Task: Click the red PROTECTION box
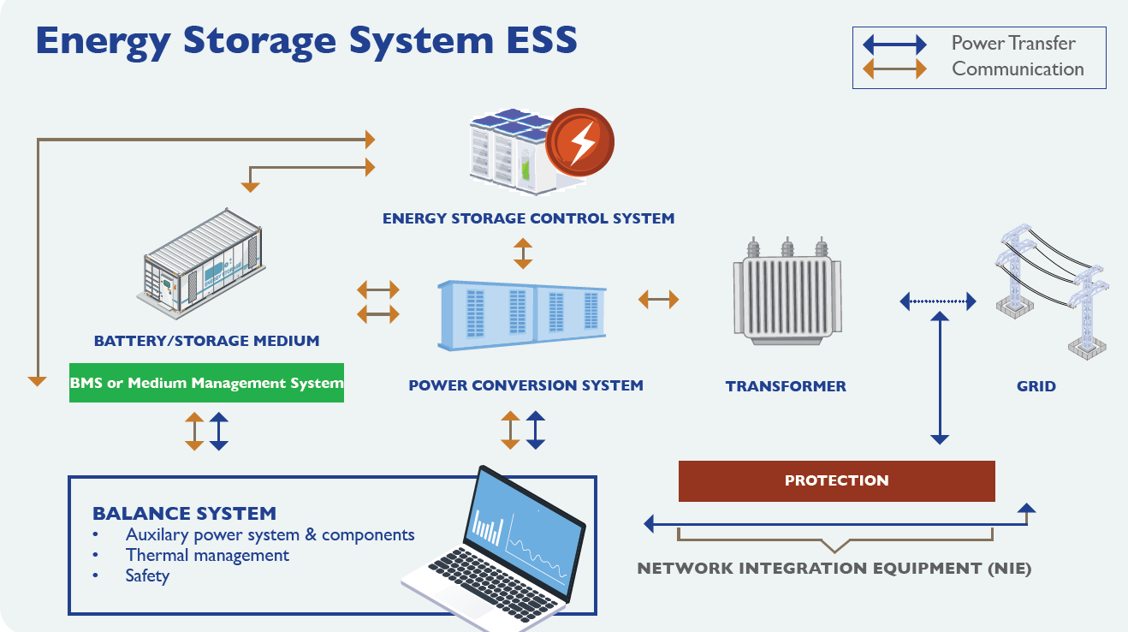click(836, 480)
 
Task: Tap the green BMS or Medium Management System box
click(206, 383)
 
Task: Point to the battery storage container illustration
click(201, 261)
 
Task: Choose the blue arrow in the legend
click(894, 45)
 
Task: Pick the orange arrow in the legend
click(894, 69)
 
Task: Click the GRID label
click(1036, 386)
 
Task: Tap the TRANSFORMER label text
click(785, 386)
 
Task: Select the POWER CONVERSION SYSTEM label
click(525, 385)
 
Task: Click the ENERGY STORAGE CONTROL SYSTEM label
click(528, 218)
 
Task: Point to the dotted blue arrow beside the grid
click(938, 301)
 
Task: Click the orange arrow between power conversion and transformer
click(658, 299)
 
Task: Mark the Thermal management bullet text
click(207, 555)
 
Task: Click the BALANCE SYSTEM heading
click(184, 514)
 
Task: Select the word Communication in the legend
click(1018, 69)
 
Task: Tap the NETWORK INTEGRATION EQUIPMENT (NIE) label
click(834, 569)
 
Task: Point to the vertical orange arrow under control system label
click(522, 253)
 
